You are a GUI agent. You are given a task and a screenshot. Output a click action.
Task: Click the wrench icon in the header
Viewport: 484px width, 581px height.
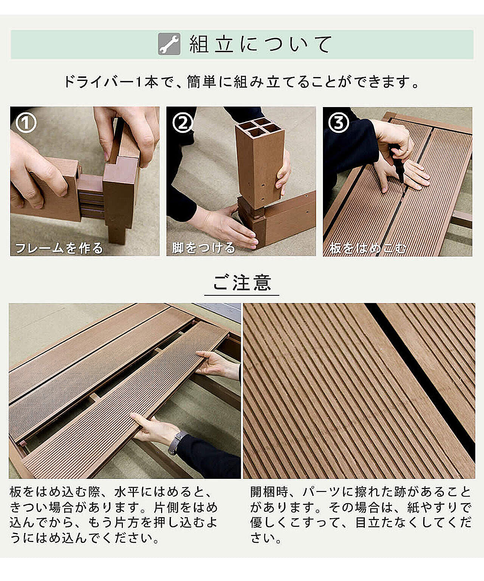169,44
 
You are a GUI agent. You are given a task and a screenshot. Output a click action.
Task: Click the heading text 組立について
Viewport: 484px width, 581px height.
261,44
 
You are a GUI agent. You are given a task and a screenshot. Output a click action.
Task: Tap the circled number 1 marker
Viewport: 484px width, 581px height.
26,123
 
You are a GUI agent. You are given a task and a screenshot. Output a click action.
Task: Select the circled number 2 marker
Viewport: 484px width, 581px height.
183,123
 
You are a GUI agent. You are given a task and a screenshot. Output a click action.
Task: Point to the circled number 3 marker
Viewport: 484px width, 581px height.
339,123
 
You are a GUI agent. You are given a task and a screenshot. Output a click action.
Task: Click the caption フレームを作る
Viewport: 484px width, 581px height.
59,248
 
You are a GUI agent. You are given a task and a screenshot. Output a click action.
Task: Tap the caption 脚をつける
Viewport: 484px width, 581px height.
203,247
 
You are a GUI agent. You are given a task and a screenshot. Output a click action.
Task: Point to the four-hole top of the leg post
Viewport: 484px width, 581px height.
259,128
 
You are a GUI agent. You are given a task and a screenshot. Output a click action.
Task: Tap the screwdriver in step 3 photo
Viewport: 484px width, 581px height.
397,167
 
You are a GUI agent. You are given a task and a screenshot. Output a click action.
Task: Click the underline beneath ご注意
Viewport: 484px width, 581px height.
242,295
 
